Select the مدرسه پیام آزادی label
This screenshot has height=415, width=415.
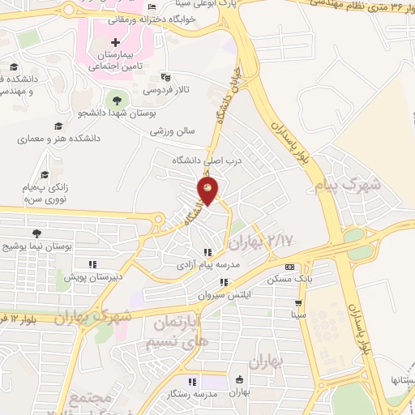click(x=207, y=265)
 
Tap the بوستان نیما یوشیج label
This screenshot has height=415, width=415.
click(x=37, y=245)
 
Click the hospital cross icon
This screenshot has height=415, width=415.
click(x=115, y=42)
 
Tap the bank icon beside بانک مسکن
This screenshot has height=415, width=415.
click(x=289, y=267)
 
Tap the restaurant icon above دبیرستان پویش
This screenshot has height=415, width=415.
click(x=92, y=263)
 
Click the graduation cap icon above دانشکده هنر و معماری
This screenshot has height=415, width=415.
click(x=58, y=126)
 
